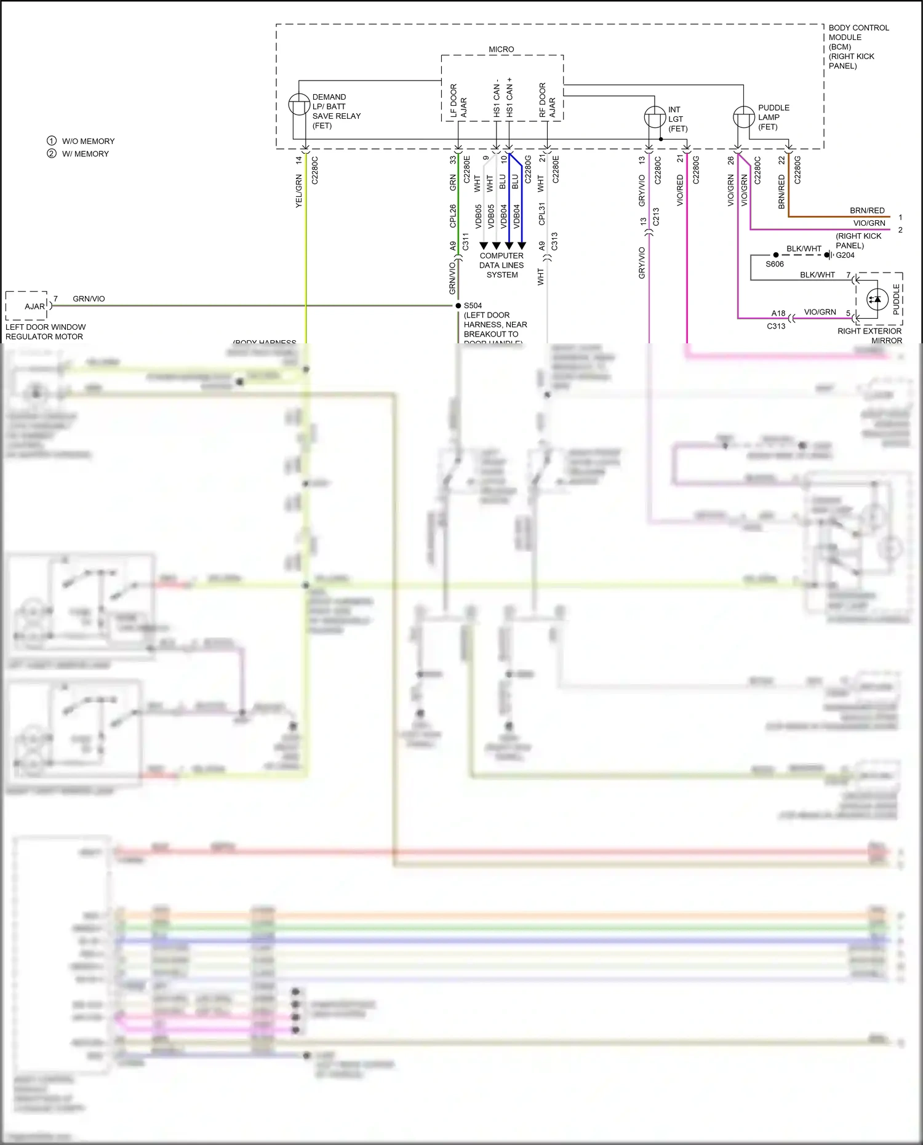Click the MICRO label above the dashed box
click(x=501, y=49)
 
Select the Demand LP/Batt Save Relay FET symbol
click(x=299, y=105)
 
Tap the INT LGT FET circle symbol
click(x=655, y=117)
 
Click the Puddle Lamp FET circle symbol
click(x=743, y=117)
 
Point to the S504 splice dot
click(x=458, y=306)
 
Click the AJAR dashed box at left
click(x=26, y=306)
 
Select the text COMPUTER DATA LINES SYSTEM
click(x=501, y=265)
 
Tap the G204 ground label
click(x=845, y=255)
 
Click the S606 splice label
click(x=775, y=264)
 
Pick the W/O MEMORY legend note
click(x=87, y=141)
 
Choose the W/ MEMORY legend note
click(x=85, y=154)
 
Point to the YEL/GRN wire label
click(x=299, y=191)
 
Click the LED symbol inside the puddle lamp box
click(x=876, y=300)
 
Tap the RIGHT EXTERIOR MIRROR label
click(x=869, y=335)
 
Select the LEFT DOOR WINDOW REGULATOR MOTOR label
click(x=45, y=332)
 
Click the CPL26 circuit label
click(x=453, y=216)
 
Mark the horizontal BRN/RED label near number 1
click(x=867, y=210)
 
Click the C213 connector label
click(x=656, y=217)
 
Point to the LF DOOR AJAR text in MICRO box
click(x=458, y=101)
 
